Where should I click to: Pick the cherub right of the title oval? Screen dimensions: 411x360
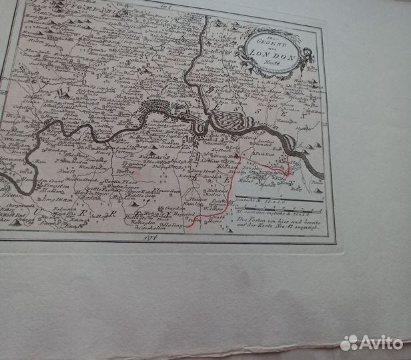308,57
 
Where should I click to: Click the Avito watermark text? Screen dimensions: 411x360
382,342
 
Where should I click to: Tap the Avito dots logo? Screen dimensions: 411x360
349,343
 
